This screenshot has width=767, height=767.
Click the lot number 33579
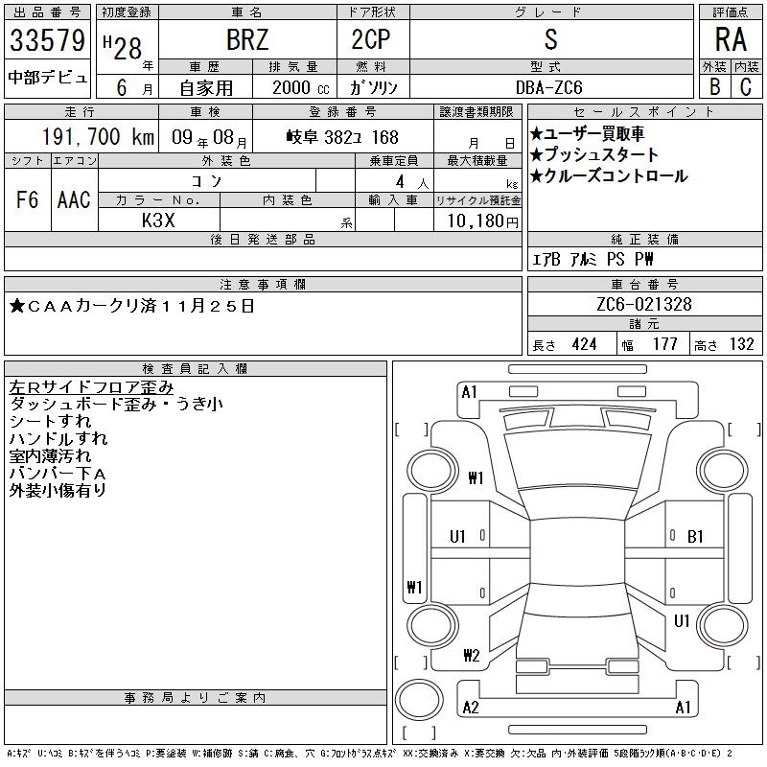point(47,41)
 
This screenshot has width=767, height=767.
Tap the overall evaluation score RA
point(729,41)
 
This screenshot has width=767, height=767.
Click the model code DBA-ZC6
point(549,87)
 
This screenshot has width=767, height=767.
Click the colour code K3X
point(158,220)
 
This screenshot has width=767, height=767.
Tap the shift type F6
point(27,199)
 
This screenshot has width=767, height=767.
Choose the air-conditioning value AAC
point(74,199)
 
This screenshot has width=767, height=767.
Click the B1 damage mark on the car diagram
point(696,537)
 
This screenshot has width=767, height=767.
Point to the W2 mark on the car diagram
point(471,656)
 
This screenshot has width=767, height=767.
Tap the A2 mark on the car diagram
point(471,708)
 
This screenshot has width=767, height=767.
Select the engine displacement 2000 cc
point(297,87)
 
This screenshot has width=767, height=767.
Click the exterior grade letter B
point(714,87)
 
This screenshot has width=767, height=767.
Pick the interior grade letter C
point(746,87)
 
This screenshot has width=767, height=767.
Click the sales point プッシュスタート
point(594,154)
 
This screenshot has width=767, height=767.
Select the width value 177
point(664,344)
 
